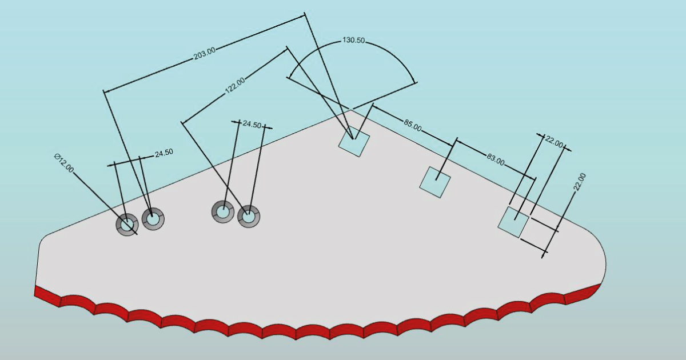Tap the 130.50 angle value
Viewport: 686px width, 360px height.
(354, 41)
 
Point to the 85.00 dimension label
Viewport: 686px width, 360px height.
(413, 125)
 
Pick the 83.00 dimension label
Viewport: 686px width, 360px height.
(496, 159)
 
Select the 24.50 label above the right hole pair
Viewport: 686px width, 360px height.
(252, 124)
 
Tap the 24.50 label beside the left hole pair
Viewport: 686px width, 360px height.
(164, 153)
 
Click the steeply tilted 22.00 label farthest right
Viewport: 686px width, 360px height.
(579, 182)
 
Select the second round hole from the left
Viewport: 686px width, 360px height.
(153, 218)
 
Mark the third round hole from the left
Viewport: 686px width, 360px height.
(222, 211)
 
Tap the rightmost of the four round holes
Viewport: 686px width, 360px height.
(249, 217)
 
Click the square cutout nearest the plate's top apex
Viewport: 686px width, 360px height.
(354, 142)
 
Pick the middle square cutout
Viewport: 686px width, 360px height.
(435, 182)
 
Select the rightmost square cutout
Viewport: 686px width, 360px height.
(513, 222)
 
